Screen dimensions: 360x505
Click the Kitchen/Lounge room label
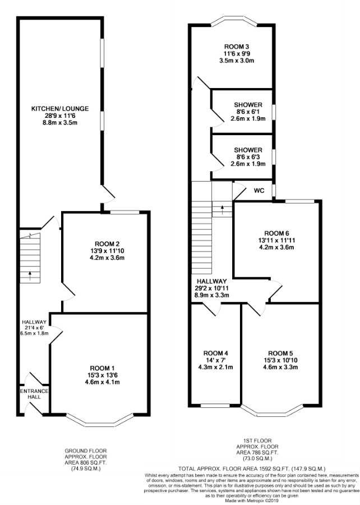pos(60,108)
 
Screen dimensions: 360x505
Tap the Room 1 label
pos(102,368)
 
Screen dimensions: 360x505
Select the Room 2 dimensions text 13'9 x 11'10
pos(107,251)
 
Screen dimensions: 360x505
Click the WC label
pos(259,191)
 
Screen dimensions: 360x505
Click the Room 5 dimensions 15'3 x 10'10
pos(280,360)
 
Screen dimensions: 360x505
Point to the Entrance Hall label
pos(34,394)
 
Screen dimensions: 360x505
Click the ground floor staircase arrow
pos(30,276)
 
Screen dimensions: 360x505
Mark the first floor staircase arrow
pos(222,209)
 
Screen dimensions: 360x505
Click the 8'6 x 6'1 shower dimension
pos(248,112)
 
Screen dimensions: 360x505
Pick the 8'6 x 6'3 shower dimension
pos(248,157)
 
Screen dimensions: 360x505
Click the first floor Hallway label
pos(212,281)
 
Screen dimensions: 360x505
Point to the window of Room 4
pos(215,405)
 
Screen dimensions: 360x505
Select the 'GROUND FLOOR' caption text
pos(86,451)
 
